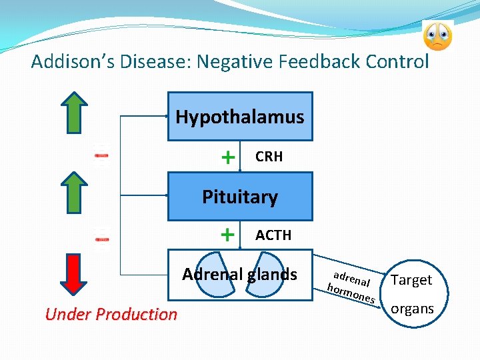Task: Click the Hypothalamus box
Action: pos(239,117)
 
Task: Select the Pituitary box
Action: pos(239,197)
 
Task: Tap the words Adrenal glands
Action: pos(239,274)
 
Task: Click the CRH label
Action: pos(269,157)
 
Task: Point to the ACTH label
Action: pos(273,235)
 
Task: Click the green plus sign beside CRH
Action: pos(228,157)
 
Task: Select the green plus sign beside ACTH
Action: pos(228,235)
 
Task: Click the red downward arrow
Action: pos(78,273)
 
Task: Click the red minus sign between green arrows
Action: pos(101,155)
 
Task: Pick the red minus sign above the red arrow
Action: pos(101,237)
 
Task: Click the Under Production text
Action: pos(111,314)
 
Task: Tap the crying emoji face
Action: pos(437,37)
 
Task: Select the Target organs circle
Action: pos(412,293)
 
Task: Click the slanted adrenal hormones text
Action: pos(352,285)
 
